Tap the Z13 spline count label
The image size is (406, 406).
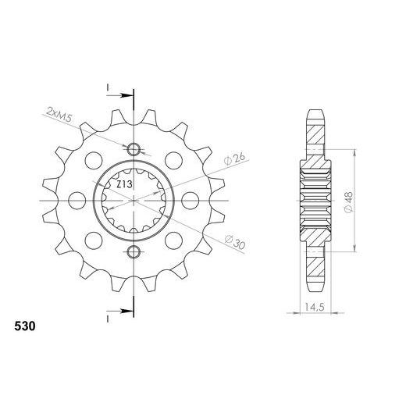(124, 185)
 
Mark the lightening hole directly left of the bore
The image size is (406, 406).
(76, 201)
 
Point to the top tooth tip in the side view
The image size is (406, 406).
(315, 109)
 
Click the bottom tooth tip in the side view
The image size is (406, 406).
(315, 291)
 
